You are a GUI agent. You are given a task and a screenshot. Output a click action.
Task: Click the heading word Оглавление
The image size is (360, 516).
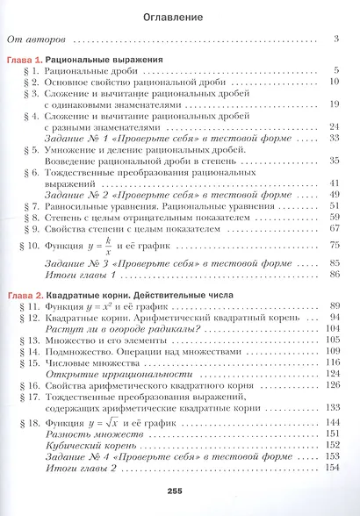pyautogui.click(x=179, y=16)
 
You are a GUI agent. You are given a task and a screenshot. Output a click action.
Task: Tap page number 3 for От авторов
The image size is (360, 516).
pyautogui.click(x=336, y=39)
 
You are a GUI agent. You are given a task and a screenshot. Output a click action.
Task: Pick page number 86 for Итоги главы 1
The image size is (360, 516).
pyautogui.click(x=334, y=275)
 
